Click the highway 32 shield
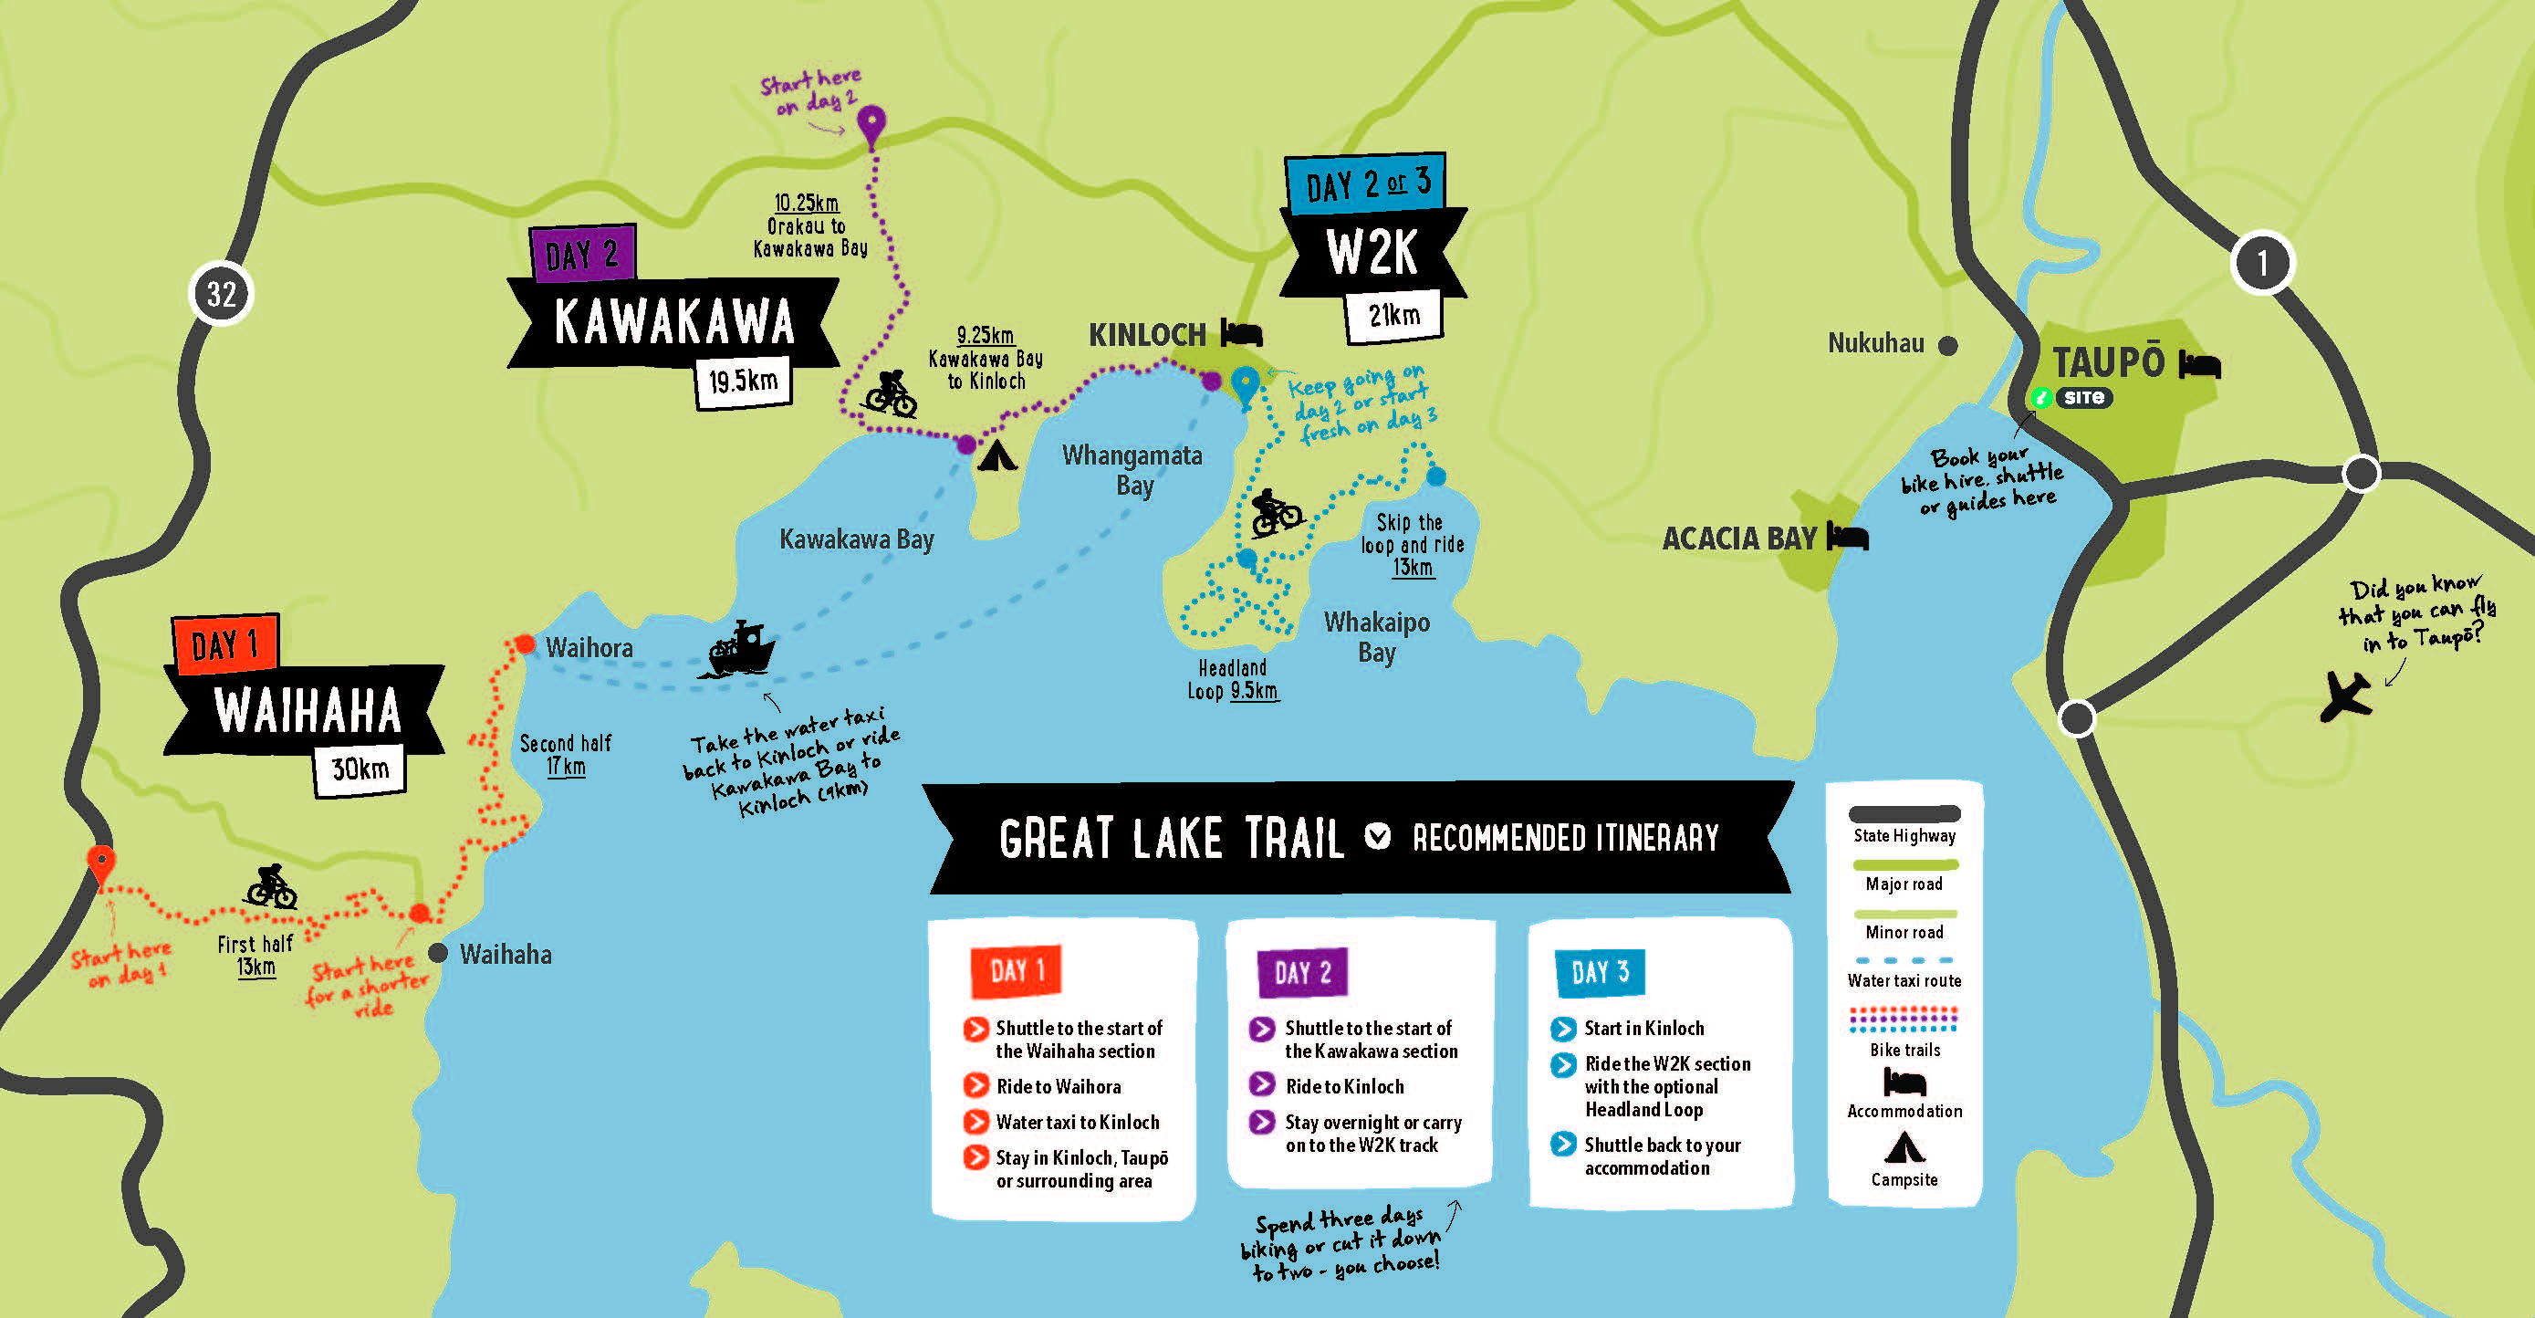pyautogui.click(x=222, y=293)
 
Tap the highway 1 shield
pyautogui.click(x=2262, y=263)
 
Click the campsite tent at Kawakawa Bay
pyautogui.click(x=996, y=455)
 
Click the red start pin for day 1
pyautogui.click(x=100, y=864)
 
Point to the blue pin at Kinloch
pyautogui.click(x=1245, y=384)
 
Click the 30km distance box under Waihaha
pyautogui.click(x=360, y=769)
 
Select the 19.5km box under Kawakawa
pyautogui.click(x=743, y=381)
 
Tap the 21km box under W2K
pyautogui.click(x=1393, y=316)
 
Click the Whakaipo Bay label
pyautogui.click(x=1377, y=637)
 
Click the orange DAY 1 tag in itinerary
pyautogui.click(x=1017, y=970)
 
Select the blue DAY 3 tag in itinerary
pyautogui.click(x=1599, y=972)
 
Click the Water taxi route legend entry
pyautogui.click(x=1904, y=970)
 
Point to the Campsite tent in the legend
pyautogui.click(x=1904, y=1147)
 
